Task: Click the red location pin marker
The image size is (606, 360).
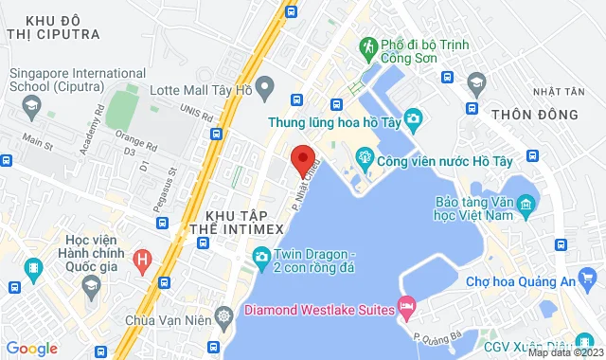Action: click(302, 160)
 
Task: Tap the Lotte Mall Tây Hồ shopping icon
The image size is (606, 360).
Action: click(266, 90)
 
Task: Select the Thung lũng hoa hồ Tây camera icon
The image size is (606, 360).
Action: click(414, 117)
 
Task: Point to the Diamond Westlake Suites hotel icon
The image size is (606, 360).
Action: click(406, 305)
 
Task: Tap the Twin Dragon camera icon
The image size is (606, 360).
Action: click(259, 256)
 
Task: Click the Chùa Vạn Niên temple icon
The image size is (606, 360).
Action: click(224, 315)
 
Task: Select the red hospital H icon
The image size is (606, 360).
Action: click(142, 258)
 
